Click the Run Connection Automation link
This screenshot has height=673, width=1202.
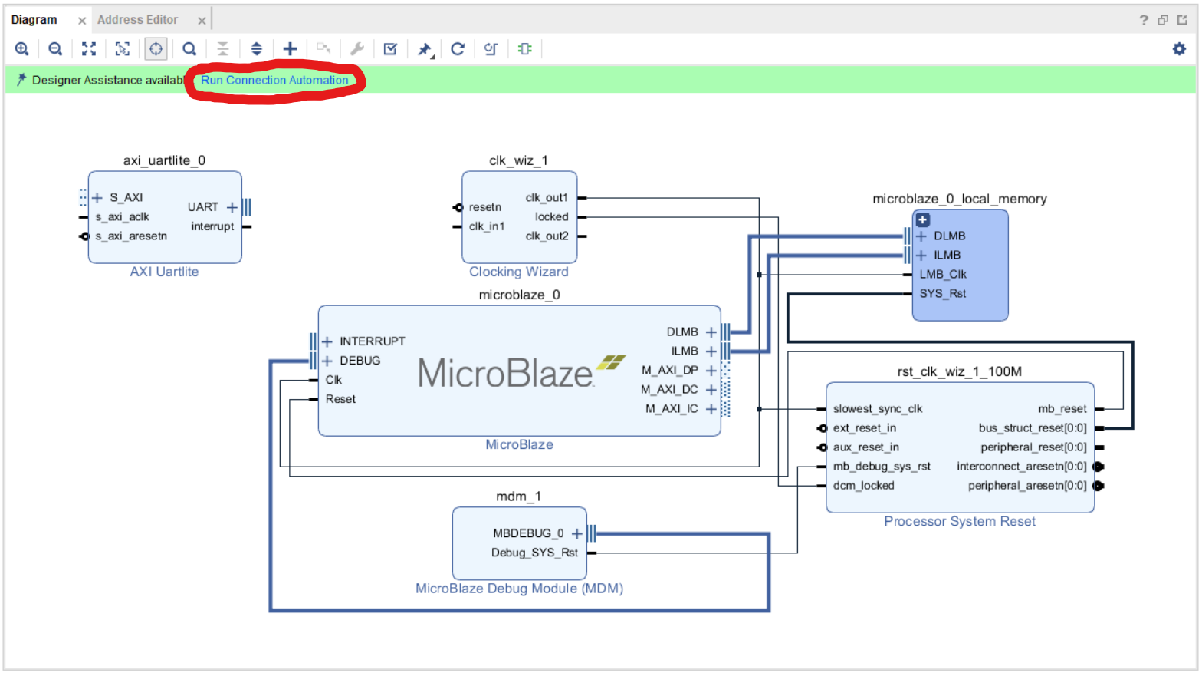tap(274, 81)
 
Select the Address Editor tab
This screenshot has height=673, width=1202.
tap(138, 20)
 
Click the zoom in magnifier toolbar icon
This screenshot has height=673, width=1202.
tap(22, 49)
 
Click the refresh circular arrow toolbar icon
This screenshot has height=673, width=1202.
tap(458, 49)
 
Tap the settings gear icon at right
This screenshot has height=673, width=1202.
tap(1179, 49)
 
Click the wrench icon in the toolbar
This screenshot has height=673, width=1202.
tap(357, 49)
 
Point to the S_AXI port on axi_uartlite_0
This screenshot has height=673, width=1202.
tap(126, 198)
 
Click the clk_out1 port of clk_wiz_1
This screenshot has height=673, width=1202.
tap(547, 198)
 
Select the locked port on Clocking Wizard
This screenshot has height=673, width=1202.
tap(551, 217)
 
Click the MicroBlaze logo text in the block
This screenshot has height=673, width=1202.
tap(506, 374)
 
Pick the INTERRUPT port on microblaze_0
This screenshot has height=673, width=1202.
tap(372, 341)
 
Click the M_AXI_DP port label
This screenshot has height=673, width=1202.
tap(669, 371)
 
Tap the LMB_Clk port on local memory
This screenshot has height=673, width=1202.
tap(942, 275)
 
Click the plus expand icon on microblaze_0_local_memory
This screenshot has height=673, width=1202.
tap(923, 219)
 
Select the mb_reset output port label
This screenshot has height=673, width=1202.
tap(1062, 409)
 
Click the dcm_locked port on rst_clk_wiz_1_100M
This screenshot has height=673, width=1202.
tap(863, 486)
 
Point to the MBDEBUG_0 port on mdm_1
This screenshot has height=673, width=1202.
tap(528, 533)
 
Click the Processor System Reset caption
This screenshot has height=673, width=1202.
tap(959, 522)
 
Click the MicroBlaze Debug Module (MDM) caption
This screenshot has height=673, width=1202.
tap(519, 589)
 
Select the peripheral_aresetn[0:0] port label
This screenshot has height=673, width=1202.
tap(1026, 486)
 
